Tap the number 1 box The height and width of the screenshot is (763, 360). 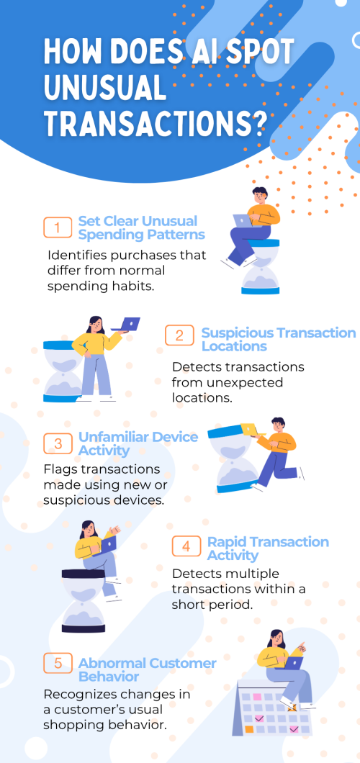[x=58, y=227]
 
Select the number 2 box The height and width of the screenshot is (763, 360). [x=179, y=335]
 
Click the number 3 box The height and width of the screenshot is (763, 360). [x=58, y=444]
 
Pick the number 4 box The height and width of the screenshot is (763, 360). [x=186, y=546]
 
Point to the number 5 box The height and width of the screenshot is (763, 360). [x=58, y=663]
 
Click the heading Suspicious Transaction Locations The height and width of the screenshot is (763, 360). [x=278, y=340]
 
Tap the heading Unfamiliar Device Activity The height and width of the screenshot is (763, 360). [x=138, y=443]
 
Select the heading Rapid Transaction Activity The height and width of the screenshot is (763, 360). [x=268, y=548]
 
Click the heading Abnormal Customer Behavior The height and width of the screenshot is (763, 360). [x=148, y=669]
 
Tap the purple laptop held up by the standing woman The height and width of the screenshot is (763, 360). [x=126, y=324]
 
